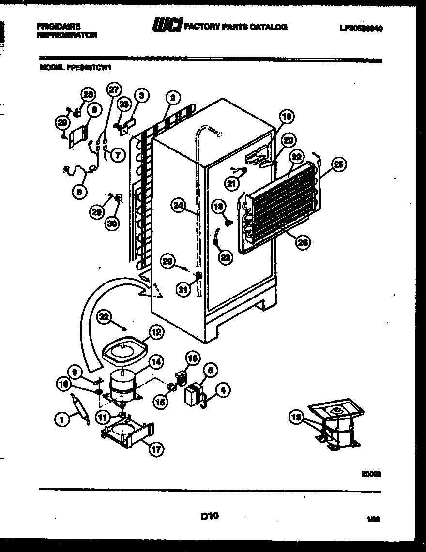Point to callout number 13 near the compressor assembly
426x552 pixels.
[x=296, y=417]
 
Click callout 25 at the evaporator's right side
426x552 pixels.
[x=338, y=165]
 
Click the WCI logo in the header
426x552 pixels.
[x=167, y=27]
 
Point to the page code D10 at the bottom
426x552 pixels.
[x=209, y=516]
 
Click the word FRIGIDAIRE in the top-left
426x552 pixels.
[x=58, y=27]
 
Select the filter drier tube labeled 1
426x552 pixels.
[x=80, y=408]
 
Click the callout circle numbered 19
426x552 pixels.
[x=287, y=116]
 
